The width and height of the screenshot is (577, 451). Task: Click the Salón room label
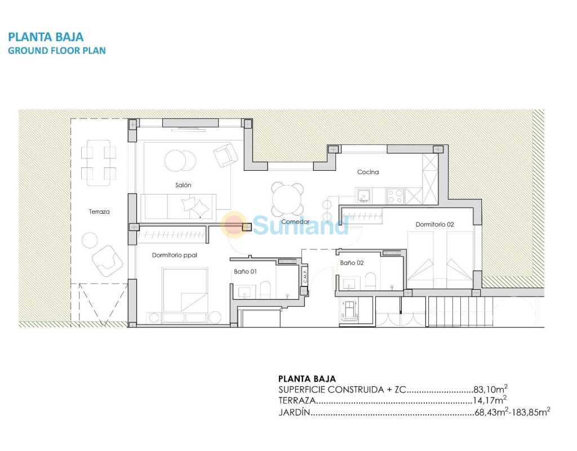coord(183,185)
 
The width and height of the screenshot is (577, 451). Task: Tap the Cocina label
coord(368,172)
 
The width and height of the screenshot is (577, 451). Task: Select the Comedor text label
coord(295,222)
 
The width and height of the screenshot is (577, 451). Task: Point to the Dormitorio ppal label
coord(175,255)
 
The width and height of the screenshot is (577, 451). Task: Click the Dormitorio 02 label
coord(434,224)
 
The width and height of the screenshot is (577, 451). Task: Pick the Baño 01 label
coord(245,271)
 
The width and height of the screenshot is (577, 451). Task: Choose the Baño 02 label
coord(352,263)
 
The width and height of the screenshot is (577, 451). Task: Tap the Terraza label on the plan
coord(99,212)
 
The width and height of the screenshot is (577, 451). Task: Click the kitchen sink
coord(364,196)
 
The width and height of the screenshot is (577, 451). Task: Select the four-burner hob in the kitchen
coord(395,196)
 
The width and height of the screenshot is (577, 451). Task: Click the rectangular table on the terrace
coord(99,163)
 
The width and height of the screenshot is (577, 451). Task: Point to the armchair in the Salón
coord(225,155)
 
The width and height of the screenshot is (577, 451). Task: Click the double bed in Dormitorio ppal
coord(185,290)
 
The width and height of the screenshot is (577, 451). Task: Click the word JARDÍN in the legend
coord(294,412)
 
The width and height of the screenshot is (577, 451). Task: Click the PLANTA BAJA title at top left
coord(46,37)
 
